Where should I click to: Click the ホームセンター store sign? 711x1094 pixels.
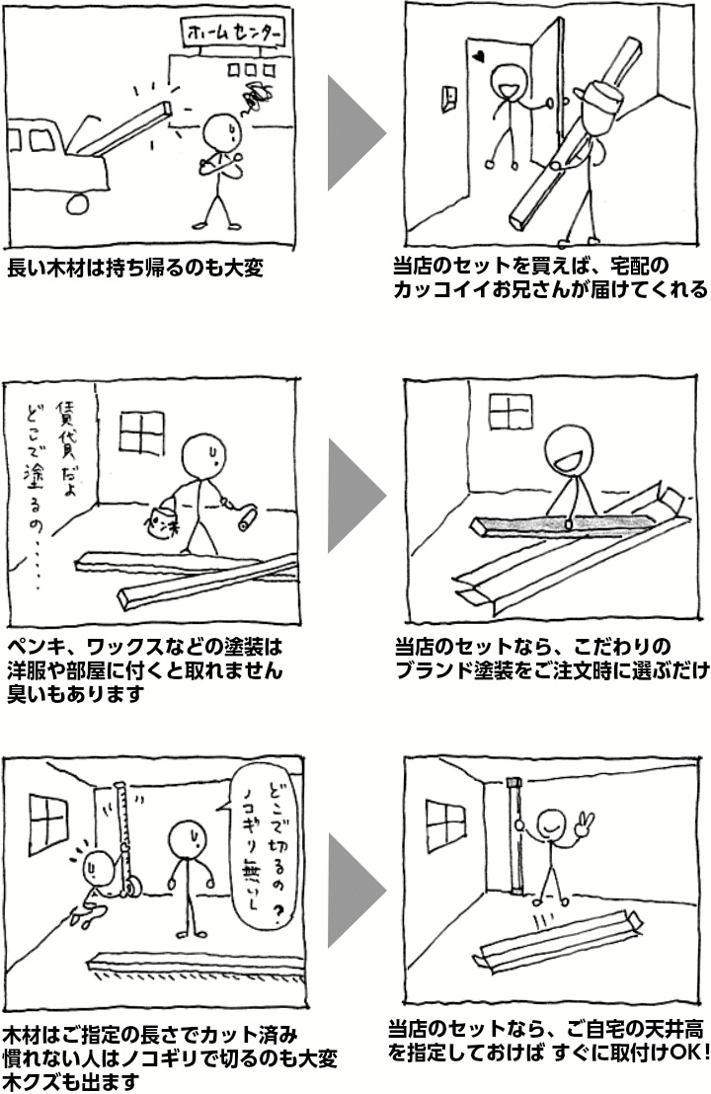pyautogui.click(x=233, y=33)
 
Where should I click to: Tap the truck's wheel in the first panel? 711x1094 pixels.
pyautogui.click(x=77, y=202)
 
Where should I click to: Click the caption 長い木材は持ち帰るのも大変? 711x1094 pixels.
pyautogui.click(x=135, y=268)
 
